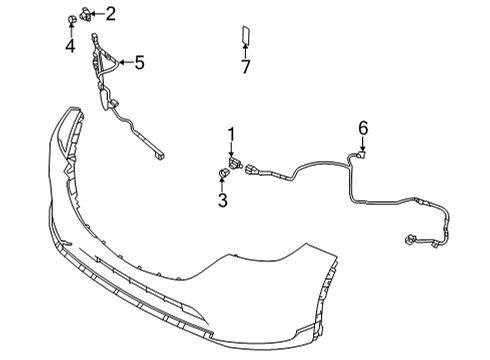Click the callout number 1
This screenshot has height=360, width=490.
coord(231,134)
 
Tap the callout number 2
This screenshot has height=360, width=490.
coord(111,14)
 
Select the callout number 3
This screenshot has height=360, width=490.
coord(223,200)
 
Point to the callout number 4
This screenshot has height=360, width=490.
coord(70,46)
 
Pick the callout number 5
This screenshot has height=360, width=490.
coord(140,62)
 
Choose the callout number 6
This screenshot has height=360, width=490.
coord(363,128)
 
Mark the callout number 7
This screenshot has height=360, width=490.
coord(245,67)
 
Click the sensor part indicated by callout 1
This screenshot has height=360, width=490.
coord(236,163)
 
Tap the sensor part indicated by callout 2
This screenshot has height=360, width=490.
coord(86,14)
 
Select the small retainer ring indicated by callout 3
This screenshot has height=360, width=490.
coord(222,173)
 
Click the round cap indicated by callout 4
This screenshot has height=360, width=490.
coord(71,20)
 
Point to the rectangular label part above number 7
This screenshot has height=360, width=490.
coord(246,35)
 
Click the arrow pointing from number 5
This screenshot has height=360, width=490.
coord(126,62)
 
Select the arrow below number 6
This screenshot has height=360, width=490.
coord(363,144)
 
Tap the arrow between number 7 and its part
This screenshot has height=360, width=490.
coord(245,51)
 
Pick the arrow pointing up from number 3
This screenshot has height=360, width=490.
coord(222,185)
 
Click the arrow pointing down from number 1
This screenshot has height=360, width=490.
coord(231,149)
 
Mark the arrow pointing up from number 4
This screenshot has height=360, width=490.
coord(71,30)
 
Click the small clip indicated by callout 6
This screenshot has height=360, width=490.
coord(361,154)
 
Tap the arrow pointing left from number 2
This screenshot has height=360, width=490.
coord(97,14)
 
